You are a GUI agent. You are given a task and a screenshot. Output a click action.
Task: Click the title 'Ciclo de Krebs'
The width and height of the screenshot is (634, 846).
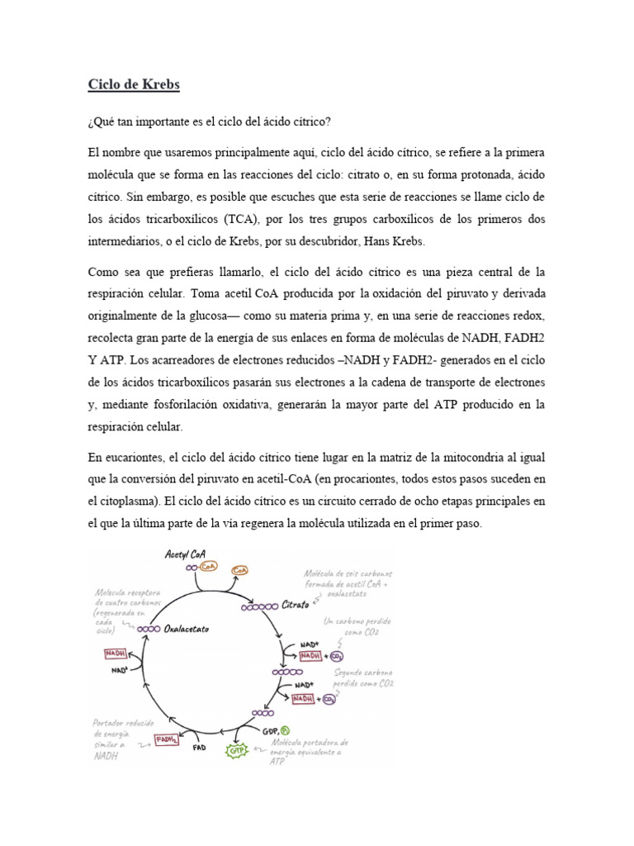[134, 85]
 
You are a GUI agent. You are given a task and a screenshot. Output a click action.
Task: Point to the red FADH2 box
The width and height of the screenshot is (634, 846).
[166, 740]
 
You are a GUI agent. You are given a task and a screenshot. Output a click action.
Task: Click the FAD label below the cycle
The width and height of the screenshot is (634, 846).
[199, 749]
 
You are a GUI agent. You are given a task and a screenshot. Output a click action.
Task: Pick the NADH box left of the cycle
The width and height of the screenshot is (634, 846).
[116, 654]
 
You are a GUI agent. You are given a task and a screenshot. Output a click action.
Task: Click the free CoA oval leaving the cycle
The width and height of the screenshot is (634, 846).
[241, 570]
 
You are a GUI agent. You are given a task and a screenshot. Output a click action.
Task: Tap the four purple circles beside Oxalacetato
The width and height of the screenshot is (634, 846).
[149, 629]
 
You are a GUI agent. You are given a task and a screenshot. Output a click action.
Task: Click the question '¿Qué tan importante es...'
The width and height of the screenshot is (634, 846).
[209, 121]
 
